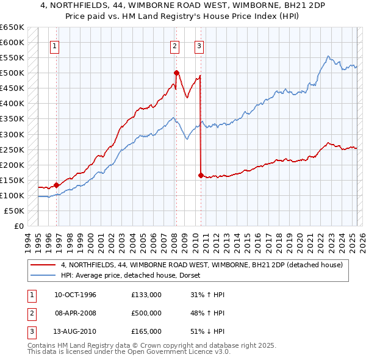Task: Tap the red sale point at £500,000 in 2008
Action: pyautogui.click(x=176, y=73)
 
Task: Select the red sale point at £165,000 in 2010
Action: pyautogui.click(x=201, y=175)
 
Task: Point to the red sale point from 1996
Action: pyautogui.click(x=57, y=185)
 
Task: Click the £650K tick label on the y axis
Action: pyautogui.click(x=12, y=27)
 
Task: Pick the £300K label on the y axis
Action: pyautogui.click(x=12, y=134)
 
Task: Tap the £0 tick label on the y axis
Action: pyautogui.click(x=18, y=226)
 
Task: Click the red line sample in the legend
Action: pyautogui.click(x=43, y=265)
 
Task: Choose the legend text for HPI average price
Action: pyautogui.click(x=134, y=275)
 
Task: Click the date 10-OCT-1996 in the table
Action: pyautogui.click(x=75, y=295)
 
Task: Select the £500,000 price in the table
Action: pyautogui.click(x=146, y=313)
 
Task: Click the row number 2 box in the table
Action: pyautogui.click(x=29, y=313)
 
